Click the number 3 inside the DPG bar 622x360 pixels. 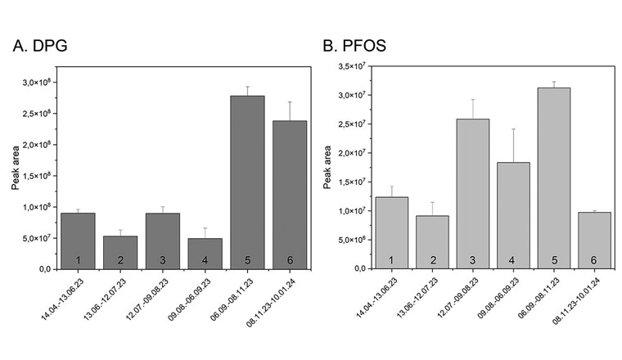tap(162, 259)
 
